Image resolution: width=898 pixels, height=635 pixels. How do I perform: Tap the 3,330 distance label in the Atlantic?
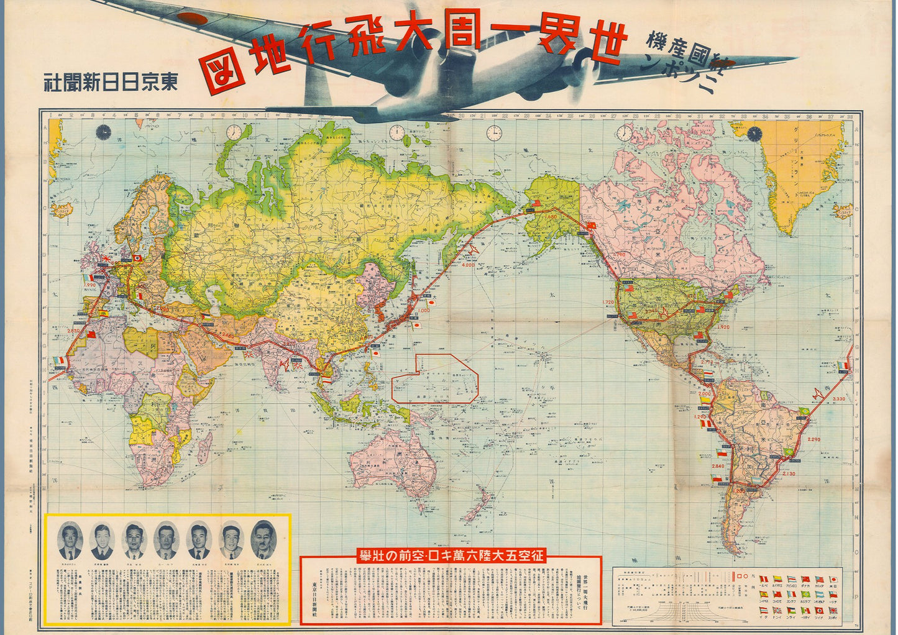click(840, 398)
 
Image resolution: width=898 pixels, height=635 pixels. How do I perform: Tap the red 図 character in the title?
click(219, 73)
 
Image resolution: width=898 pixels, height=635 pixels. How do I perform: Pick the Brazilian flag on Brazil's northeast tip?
click(805, 411)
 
